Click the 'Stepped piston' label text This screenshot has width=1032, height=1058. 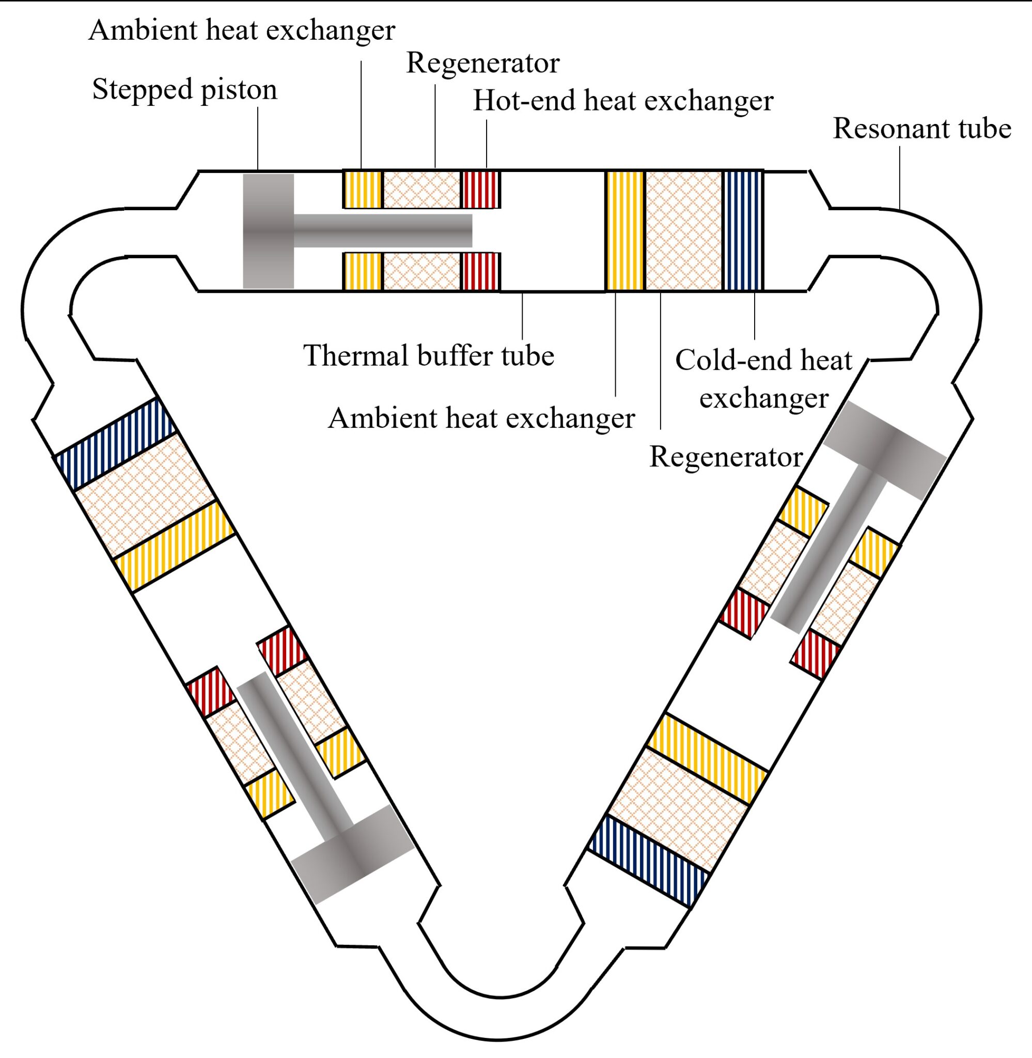[x=184, y=89]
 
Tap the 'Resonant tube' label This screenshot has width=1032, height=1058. [x=921, y=129]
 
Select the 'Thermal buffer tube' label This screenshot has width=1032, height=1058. [x=428, y=356]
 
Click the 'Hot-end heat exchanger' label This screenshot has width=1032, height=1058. [x=623, y=101]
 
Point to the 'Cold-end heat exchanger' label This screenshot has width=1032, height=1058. [x=763, y=379]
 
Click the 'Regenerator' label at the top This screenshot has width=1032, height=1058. [x=482, y=64]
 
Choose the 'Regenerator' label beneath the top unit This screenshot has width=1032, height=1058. [x=725, y=457]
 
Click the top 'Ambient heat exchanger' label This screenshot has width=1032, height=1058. [x=242, y=30]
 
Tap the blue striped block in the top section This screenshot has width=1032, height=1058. [x=743, y=231]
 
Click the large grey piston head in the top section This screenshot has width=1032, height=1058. [x=268, y=231]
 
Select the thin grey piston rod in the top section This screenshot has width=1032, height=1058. [x=382, y=231]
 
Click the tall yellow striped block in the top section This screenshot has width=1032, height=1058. [x=625, y=231]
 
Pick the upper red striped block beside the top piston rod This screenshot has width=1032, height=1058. [x=480, y=190]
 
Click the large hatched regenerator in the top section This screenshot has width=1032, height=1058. [x=683, y=231]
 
